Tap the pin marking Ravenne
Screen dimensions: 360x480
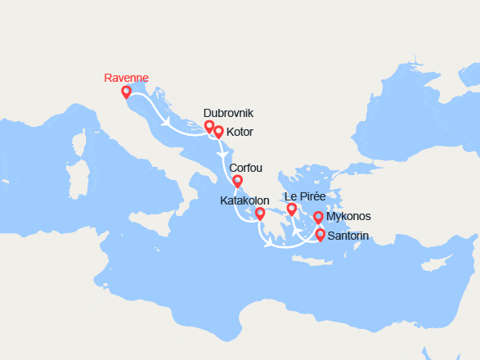tap(126, 92)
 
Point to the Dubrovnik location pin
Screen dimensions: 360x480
tap(209, 126)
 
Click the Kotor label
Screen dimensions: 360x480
tap(240, 131)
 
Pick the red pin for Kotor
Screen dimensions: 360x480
tap(218, 131)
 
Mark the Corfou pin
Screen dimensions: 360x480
tap(237, 181)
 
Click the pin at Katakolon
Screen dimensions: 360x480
tap(260, 214)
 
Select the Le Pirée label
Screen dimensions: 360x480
tap(303, 196)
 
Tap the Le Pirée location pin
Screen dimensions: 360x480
tap(292, 209)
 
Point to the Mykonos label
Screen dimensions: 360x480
tap(348, 217)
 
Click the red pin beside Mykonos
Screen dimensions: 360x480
tap(318, 217)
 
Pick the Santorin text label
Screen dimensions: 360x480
tap(348, 236)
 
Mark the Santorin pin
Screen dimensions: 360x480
tap(320, 235)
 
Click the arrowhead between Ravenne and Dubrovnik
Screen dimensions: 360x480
tap(167, 124)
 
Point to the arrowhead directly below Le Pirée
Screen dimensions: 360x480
tap(296, 232)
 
